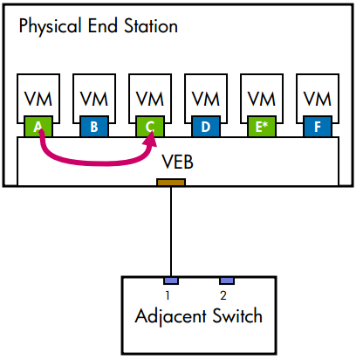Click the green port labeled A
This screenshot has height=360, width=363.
[38, 127]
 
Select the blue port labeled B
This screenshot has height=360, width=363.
[93, 127]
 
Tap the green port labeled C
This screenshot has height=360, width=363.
[149, 127]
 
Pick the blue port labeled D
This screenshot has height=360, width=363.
[205, 127]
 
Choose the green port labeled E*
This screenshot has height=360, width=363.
[261, 127]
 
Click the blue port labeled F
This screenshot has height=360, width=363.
[317, 127]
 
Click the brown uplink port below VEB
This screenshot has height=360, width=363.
[170, 182]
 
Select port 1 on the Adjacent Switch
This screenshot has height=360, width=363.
[171, 280]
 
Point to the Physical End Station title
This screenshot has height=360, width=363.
[98, 26]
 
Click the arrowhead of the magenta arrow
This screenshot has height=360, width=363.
[151, 139]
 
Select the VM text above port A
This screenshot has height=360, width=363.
[38, 97]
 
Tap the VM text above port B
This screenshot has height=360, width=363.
[93, 97]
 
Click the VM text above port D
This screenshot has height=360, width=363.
[205, 97]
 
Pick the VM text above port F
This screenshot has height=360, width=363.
[317, 97]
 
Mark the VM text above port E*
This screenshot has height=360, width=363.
[261, 97]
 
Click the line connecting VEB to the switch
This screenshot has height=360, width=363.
[170, 232]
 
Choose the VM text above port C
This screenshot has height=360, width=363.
[149, 97]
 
